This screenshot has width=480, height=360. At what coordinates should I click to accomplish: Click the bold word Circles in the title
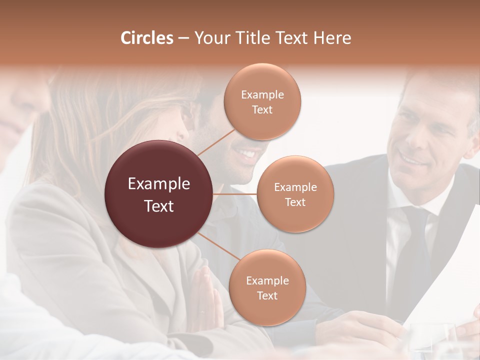coord(147,38)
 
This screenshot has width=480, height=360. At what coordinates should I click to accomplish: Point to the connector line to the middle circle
coord(235,194)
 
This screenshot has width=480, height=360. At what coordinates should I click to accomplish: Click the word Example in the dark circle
coord(158,184)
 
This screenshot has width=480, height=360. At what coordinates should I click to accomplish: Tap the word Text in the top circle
coord(262,109)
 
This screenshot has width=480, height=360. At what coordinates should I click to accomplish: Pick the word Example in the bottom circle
coord(267,280)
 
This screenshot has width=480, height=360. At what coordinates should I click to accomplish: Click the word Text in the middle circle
coord(295,202)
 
